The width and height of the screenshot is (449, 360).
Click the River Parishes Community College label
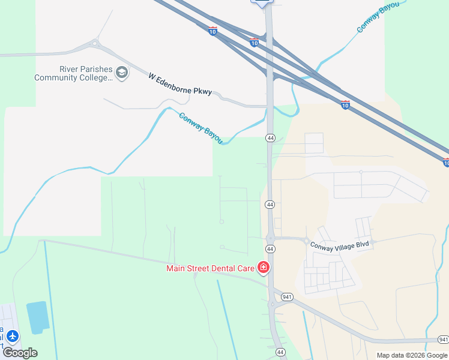pyautogui.click(x=73, y=73)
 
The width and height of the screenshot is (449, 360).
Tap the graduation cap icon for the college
pyautogui.click(x=122, y=73)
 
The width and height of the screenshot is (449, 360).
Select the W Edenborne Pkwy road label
pyautogui.click(x=179, y=84)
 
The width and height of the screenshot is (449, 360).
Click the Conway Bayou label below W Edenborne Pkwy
pyautogui.click(x=201, y=127)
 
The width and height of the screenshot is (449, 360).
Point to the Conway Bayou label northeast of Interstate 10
pyautogui.click(x=378, y=17)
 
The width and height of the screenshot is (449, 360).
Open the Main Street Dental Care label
pyautogui.click(x=210, y=268)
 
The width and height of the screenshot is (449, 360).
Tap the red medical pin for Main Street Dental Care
pyautogui.click(x=263, y=267)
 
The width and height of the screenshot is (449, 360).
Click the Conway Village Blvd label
pyautogui.click(x=337, y=245)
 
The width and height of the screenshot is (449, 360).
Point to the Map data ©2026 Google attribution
pyautogui.click(x=411, y=355)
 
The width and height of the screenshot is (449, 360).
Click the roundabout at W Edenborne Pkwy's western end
pyautogui.click(x=95, y=43)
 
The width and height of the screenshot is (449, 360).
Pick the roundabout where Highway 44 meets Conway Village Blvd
pyautogui.click(x=270, y=238)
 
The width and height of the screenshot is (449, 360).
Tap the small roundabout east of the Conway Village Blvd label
pyautogui.click(x=373, y=242)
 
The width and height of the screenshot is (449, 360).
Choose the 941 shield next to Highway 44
pyautogui.click(x=288, y=296)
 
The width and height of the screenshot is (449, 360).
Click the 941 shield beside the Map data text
pyautogui.click(x=443, y=340)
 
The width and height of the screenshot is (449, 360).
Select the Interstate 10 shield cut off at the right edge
pyautogui.click(x=446, y=162)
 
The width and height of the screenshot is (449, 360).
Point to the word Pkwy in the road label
pyautogui.click(x=203, y=91)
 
